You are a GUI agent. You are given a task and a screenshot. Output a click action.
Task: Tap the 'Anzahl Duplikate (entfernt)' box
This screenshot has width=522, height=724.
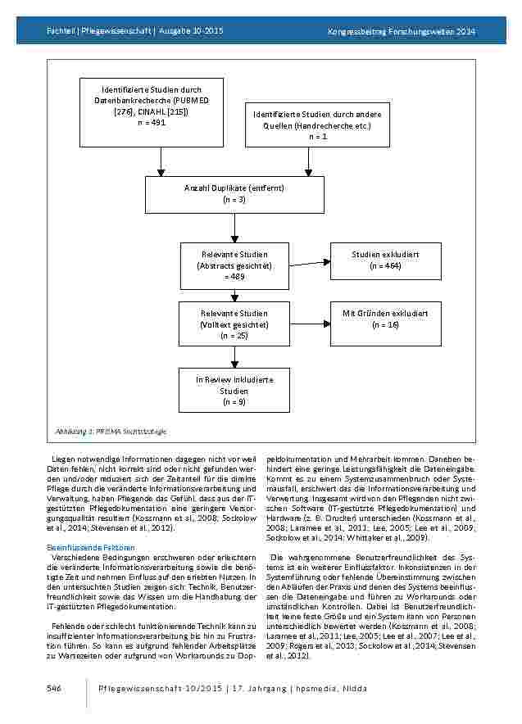click(234, 194)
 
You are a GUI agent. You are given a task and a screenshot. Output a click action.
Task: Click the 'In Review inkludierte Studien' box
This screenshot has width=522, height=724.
click(234, 391)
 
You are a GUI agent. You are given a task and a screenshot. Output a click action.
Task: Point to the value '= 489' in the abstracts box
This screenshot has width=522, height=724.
click(234, 278)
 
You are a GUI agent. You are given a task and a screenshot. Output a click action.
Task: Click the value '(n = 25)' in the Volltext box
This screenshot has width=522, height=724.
click(234, 336)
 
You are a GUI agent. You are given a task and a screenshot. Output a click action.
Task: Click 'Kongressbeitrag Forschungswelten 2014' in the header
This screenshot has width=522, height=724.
click(402, 32)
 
